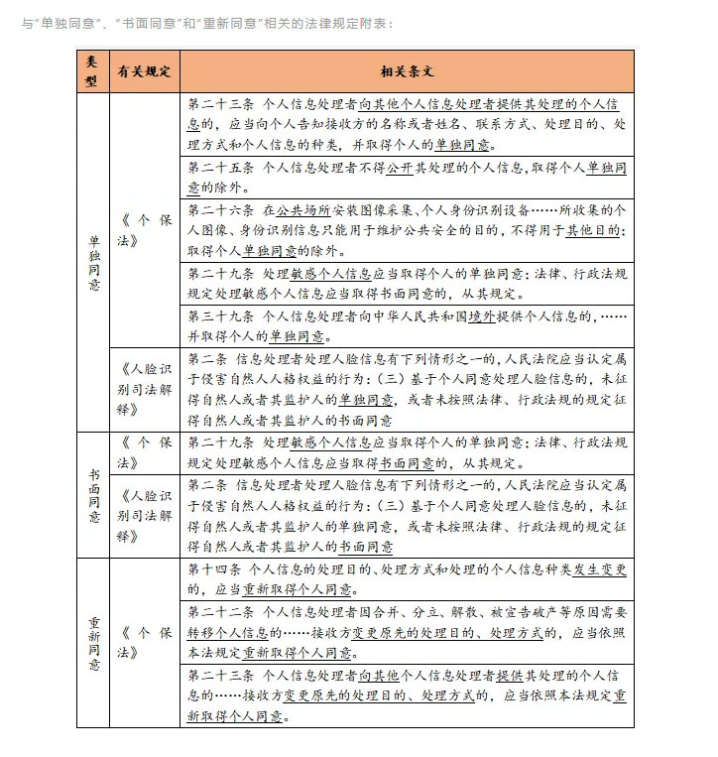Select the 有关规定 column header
[x=145, y=72]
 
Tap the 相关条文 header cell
[x=407, y=72]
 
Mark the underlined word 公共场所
[x=301, y=211]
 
